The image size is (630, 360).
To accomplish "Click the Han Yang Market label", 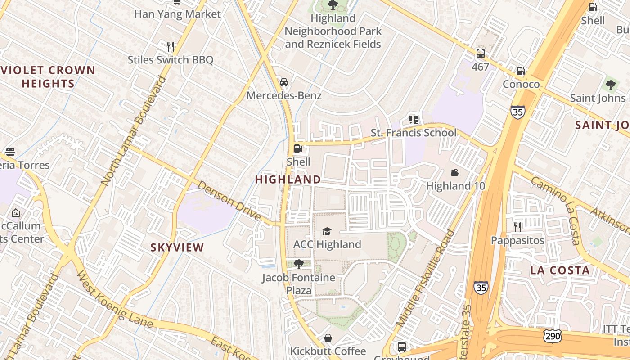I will (x=178, y=14).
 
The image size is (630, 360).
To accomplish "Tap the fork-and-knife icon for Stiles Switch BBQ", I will (x=170, y=46).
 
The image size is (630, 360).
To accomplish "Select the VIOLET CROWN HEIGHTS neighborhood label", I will (x=48, y=76).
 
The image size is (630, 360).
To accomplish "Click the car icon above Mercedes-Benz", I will (x=284, y=82).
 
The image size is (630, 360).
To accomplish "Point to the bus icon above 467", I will (x=481, y=54).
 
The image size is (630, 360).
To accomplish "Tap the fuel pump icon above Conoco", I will (x=521, y=71).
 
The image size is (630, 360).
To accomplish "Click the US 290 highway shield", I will (x=553, y=335).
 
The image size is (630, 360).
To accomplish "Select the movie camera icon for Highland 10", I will (x=455, y=172).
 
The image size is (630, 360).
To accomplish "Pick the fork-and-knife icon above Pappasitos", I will (x=517, y=227).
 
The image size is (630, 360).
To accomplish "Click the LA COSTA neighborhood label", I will (x=560, y=270).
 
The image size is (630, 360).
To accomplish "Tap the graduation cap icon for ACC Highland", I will (x=327, y=231).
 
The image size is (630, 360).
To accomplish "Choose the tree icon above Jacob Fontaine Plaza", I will (x=298, y=264).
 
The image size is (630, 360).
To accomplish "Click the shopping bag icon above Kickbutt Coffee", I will (x=328, y=338).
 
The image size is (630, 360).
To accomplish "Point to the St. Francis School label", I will (x=413, y=133).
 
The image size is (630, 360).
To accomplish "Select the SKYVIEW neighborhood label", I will (x=177, y=247).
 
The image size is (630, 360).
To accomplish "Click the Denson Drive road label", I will (x=229, y=201).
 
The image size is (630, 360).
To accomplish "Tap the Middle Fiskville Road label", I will (x=426, y=279).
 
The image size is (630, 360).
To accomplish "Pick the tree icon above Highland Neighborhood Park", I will (x=333, y=5).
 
